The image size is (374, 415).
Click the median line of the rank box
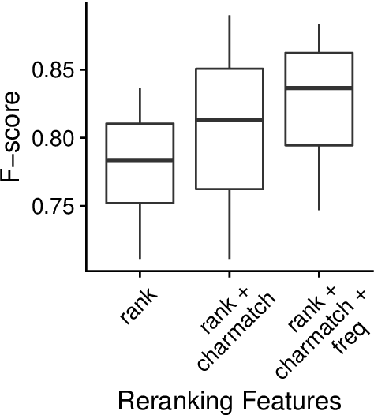pos(140,160)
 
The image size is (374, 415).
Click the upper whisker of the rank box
pos(140,106)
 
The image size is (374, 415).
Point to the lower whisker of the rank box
pos(140,230)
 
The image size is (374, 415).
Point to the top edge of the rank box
pos(140,124)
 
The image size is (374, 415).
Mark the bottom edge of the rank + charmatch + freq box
pos(318,146)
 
